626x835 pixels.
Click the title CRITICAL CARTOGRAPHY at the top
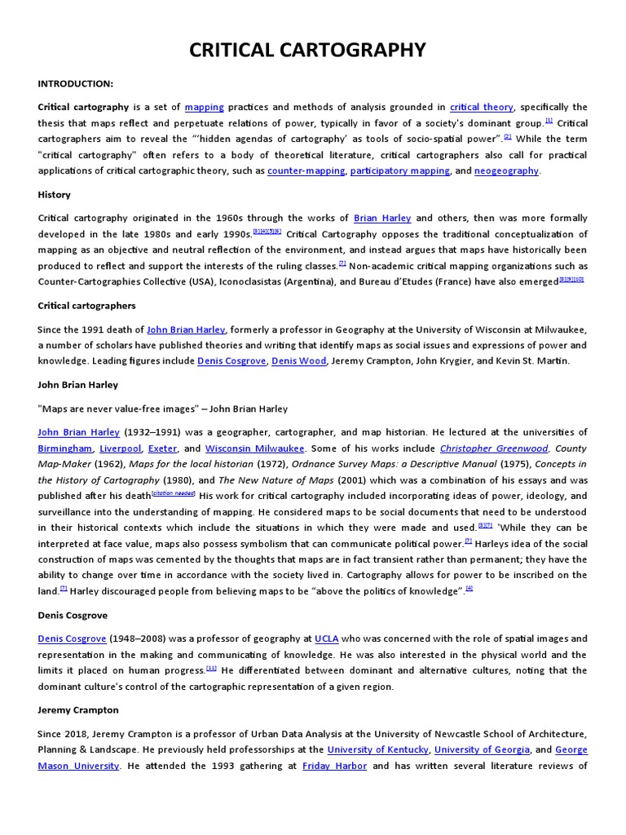(x=307, y=51)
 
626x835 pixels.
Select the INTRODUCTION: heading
(x=75, y=84)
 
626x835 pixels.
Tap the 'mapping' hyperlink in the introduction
(x=204, y=107)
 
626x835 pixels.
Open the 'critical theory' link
(x=482, y=107)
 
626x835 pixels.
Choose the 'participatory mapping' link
(x=400, y=170)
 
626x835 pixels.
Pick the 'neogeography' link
(x=506, y=170)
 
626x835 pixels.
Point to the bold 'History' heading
(x=54, y=195)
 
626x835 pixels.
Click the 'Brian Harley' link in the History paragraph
(x=382, y=219)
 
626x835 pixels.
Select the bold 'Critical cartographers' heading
(x=86, y=306)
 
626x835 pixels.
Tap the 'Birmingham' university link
(x=65, y=448)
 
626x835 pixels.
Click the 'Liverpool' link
(x=120, y=448)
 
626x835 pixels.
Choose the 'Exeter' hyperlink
(x=163, y=448)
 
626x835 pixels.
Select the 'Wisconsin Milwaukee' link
(x=255, y=448)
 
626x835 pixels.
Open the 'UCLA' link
(x=327, y=638)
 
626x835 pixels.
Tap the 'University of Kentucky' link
(x=377, y=749)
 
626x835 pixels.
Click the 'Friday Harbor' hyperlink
(x=334, y=766)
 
